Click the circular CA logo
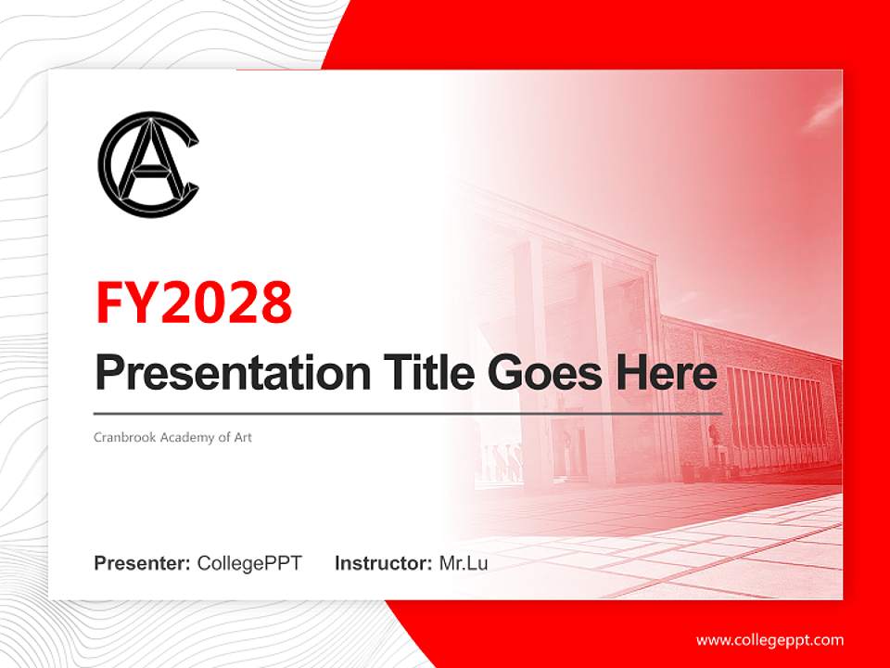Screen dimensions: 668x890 click(x=148, y=165)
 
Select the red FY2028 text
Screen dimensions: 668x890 click(x=194, y=302)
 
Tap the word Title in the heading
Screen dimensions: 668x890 click(x=426, y=373)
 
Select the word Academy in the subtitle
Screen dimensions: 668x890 click(x=184, y=437)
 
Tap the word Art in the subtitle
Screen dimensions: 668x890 click(x=242, y=437)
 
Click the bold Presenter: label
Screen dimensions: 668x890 click(x=143, y=563)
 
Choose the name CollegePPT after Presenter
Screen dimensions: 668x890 click(x=249, y=563)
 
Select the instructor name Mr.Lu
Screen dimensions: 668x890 click(x=463, y=563)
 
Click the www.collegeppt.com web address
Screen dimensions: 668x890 click(x=769, y=639)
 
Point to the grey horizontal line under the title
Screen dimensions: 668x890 click(x=408, y=413)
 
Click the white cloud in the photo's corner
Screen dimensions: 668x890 click(x=820, y=111)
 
